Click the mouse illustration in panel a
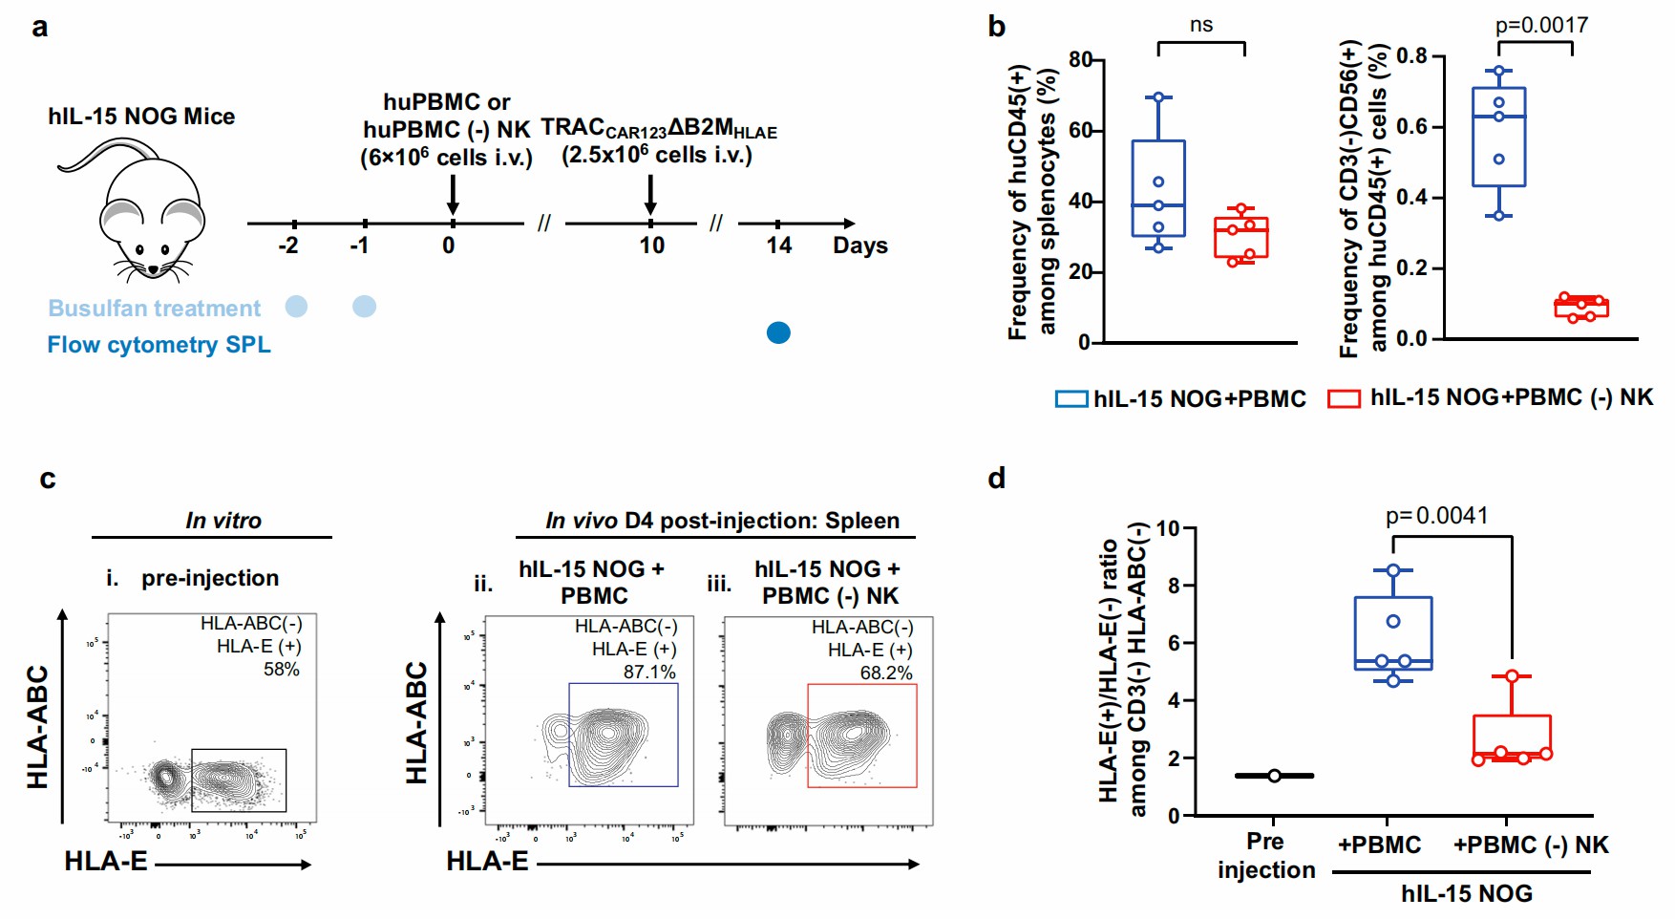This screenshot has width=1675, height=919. [143, 215]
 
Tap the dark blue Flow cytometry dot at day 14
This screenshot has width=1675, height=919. [778, 332]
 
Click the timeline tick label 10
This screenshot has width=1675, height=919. [651, 246]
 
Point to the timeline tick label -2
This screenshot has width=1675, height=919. [288, 246]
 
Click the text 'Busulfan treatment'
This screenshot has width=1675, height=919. [154, 309]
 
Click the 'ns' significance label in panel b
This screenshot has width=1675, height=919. [1200, 26]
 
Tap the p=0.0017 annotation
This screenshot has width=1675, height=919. [1541, 26]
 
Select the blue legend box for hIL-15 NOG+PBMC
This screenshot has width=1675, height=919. [1071, 399]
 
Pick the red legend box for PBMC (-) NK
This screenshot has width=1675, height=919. [1344, 399]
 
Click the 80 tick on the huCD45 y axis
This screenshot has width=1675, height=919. [1080, 60]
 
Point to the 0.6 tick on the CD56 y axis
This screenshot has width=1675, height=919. [1411, 127]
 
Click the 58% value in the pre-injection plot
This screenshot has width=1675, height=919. [282, 670]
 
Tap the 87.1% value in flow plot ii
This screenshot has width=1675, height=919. [649, 673]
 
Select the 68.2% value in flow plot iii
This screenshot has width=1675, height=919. [886, 673]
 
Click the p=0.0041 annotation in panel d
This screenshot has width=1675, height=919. [1436, 517]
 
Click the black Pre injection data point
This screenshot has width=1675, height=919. [1274, 776]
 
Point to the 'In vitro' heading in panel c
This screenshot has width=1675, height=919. [223, 521]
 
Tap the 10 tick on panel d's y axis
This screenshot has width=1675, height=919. [1168, 529]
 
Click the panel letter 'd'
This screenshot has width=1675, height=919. [996, 478]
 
